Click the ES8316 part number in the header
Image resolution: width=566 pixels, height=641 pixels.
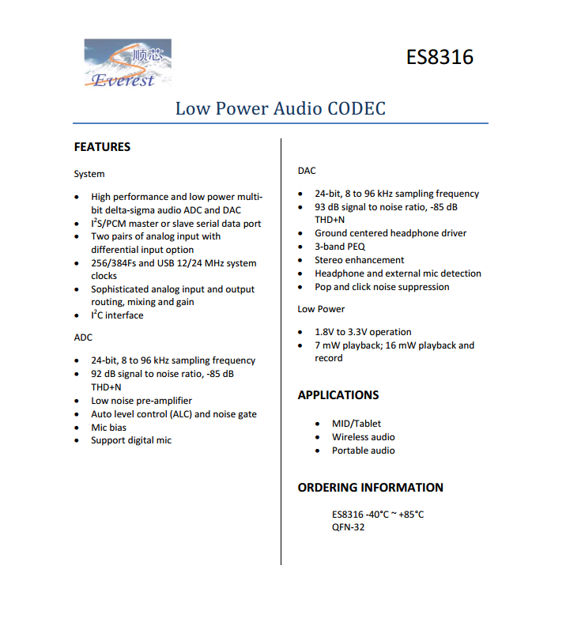pyautogui.click(x=440, y=58)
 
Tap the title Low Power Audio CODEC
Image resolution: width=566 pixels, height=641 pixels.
pyautogui.click(x=281, y=108)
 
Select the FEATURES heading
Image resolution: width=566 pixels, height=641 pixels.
pyautogui.click(x=102, y=147)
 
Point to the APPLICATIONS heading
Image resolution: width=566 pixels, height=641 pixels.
pyautogui.click(x=338, y=395)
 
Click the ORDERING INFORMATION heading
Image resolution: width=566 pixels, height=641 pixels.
pyautogui.click(x=370, y=488)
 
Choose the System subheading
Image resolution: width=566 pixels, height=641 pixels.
pyautogui.click(x=89, y=174)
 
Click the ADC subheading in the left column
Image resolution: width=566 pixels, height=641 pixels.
pyautogui.click(x=83, y=337)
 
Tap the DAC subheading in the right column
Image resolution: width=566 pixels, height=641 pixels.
pyautogui.click(x=307, y=171)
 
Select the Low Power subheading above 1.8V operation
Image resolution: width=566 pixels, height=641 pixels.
pyautogui.click(x=321, y=309)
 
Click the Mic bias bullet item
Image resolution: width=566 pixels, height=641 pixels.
pyautogui.click(x=108, y=428)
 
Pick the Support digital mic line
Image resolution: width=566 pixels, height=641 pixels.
pyautogui.click(x=131, y=440)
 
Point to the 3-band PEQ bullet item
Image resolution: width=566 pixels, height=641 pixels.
pyautogui.click(x=340, y=247)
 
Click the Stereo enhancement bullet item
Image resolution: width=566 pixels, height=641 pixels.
pyautogui.click(x=359, y=260)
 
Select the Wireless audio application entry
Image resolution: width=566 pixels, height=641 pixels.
pyautogui.click(x=363, y=437)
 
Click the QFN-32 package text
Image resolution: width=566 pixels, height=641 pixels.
pyautogui.click(x=349, y=527)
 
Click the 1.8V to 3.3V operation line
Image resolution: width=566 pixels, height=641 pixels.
pyautogui.click(x=363, y=332)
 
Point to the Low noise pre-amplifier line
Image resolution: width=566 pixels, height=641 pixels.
pyautogui.click(x=141, y=401)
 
